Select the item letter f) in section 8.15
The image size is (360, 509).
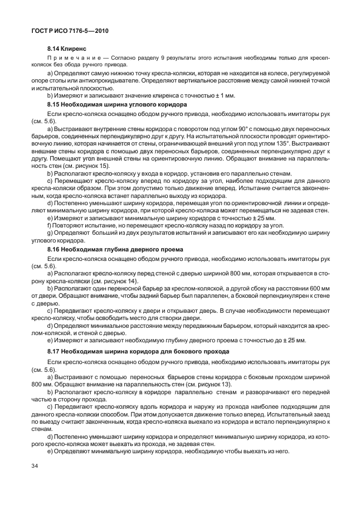pos(50,226)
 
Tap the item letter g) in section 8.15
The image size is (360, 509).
pos(50,233)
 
